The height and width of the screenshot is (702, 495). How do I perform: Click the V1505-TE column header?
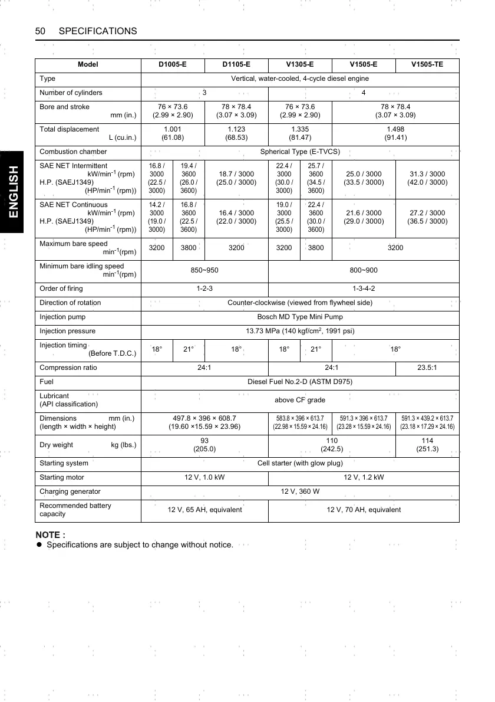[x=427, y=64]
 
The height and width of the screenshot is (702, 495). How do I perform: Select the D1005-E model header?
[x=173, y=64]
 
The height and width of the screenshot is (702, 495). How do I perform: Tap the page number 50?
[x=41, y=31]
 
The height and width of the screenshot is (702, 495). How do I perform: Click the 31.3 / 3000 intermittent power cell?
[x=427, y=178]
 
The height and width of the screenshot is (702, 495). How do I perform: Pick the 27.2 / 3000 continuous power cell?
[x=427, y=217]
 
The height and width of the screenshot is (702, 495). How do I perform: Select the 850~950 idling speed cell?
[x=204, y=270]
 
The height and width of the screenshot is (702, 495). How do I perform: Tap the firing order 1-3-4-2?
[x=364, y=288]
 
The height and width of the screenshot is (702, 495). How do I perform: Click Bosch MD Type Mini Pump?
[x=300, y=317]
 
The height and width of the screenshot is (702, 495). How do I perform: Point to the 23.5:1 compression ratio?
[x=427, y=368]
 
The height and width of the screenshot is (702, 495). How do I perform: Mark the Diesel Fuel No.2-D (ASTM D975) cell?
[x=300, y=382]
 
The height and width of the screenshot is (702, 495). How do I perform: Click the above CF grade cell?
[x=300, y=400]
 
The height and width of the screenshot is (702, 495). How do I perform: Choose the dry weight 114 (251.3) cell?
[x=427, y=444]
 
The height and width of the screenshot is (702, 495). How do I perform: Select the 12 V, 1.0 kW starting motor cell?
[x=204, y=477]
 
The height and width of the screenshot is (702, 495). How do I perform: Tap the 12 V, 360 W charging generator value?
[x=300, y=491]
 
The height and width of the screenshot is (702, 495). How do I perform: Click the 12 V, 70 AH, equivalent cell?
[x=364, y=510]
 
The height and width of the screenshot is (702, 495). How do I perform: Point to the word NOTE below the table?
[x=50, y=534]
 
